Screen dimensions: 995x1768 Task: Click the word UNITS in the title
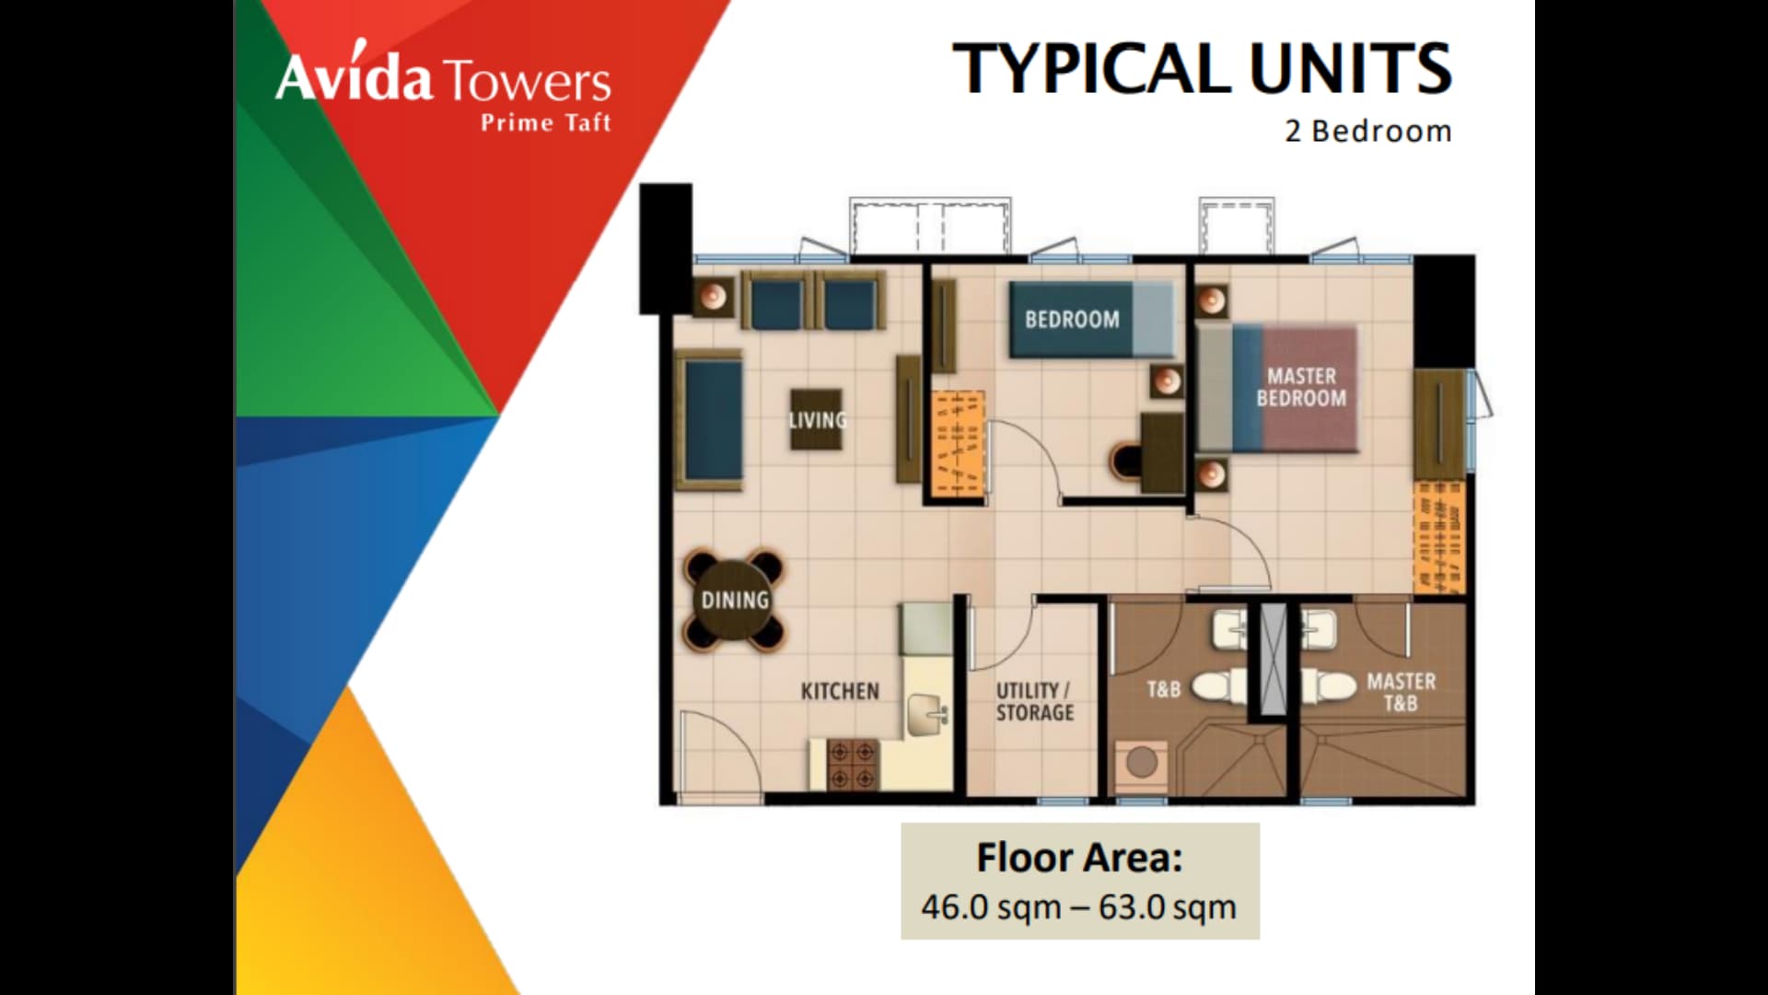pyautogui.click(x=1350, y=69)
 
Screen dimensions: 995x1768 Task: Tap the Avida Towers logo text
pyautogui.click(x=443, y=79)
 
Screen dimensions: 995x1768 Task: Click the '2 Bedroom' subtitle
pyautogui.click(x=1368, y=132)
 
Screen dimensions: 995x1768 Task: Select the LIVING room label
pyautogui.click(x=817, y=420)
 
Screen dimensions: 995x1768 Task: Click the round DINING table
pyautogui.click(x=734, y=600)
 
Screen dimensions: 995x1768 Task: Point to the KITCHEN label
pyautogui.click(x=839, y=691)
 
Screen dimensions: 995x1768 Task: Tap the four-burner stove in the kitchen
pyautogui.click(x=853, y=766)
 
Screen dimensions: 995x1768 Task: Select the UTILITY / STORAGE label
pyautogui.click(x=1034, y=701)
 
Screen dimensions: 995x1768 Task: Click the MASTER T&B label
pyautogui.click(x=1401, y=692)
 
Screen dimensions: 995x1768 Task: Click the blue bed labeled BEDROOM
pyautogui.click(x=1092, y=320)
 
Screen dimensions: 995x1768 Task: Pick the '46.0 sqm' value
pyautogui.click(x=991, y=907)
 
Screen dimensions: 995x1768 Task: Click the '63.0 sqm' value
pyautogui.click(x=1167, y=907)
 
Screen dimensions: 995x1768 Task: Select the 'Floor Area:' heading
pyautogui.click(x=1079, y=858)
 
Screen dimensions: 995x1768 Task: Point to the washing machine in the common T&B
pyautogui.click(x=1142, y=763)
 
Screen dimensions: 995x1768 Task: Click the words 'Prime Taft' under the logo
pyautogui.click(x=545, y=123)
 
